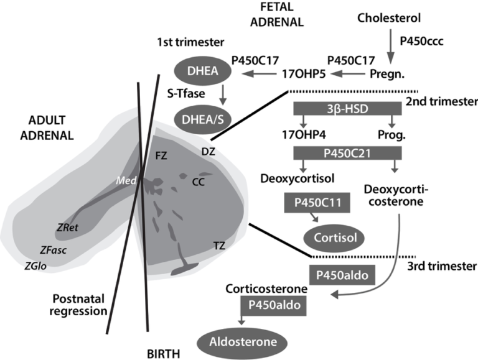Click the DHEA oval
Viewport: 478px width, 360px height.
tap(203, 71)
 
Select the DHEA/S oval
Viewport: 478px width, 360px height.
tap(203, 120)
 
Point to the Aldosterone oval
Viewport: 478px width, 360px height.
tap(243, 342)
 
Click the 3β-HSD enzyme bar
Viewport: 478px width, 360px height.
tap(347, 109)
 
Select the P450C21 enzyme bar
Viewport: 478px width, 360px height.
tap(347, 153)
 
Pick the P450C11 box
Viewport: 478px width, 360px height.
tap(317, 203)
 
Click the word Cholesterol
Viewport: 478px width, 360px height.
tap(389, 18)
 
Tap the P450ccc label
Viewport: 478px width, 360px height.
tap(421, 41)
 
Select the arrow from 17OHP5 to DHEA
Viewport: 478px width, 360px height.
tap(259, 73)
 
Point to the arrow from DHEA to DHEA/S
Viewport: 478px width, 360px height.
tap(223, 95)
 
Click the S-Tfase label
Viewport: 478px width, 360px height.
tap(186, 93)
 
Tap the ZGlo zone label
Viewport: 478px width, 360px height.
tap(35, 266)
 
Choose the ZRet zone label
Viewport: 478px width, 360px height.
tap(67, 228)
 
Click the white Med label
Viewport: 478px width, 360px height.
tap(126, 180)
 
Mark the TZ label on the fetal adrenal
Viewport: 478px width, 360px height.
tap(219, 246)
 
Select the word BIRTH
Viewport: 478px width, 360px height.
tap(164, 354)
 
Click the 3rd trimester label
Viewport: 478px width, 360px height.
tap(442, 266)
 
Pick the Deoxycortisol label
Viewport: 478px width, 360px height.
tap(298, 178)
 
